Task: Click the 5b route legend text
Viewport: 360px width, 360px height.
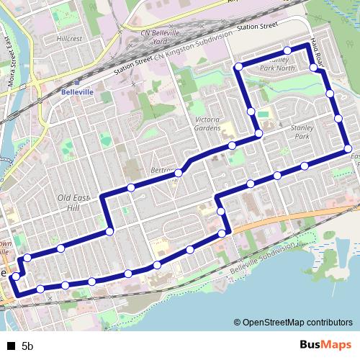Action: [x=28, y=346]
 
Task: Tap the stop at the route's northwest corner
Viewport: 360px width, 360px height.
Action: [x=238, y=67]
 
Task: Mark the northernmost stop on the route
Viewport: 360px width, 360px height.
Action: [x=287, y=50]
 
